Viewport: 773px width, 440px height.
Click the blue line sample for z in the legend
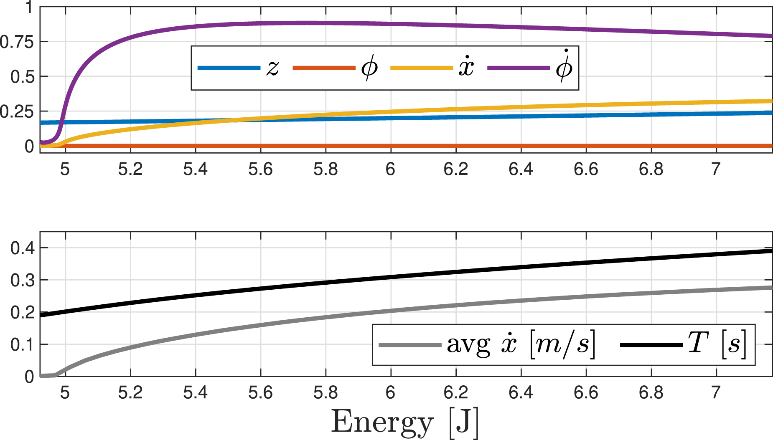pos(229,68)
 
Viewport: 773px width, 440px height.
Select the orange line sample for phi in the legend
pos(324,68)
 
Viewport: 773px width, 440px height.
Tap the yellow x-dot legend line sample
pos(421,68)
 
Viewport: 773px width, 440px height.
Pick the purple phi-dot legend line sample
pos(519,68)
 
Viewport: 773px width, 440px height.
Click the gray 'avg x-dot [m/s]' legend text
pos(521,345)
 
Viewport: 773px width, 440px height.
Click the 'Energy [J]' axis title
pos(405,422)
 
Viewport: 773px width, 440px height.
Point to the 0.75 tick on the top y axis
pos(17,42)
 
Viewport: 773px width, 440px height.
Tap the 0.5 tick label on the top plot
pos(22,77)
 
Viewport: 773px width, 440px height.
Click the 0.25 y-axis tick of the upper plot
pos(17,111)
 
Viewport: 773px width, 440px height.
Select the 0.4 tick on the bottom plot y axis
pos(22,248)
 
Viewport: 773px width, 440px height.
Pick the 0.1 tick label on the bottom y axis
pos(22,345)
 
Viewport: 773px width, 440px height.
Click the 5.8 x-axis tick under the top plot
pos(325,169)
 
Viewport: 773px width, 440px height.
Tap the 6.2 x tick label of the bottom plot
pos(456,392)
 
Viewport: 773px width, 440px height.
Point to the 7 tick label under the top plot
pos(716,169)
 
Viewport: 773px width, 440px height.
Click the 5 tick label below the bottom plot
pos(65,392)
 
